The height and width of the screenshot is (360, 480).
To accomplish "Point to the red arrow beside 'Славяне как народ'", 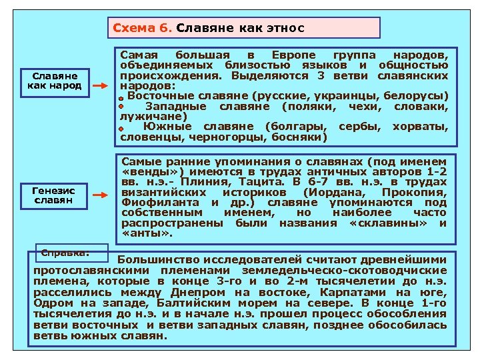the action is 99,87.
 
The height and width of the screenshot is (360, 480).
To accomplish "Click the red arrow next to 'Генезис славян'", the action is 99,196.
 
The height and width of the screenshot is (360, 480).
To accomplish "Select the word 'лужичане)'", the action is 144,116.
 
